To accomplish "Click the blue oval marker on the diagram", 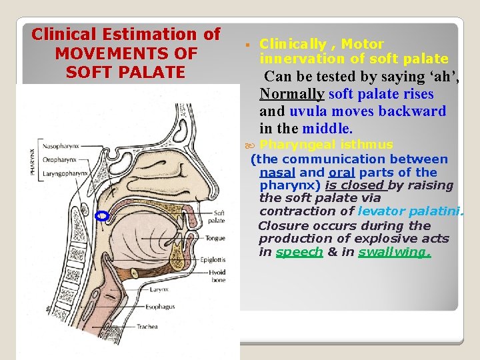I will point(102,215).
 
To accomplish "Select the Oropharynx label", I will point(57,159).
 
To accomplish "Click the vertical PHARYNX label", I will point(33,160).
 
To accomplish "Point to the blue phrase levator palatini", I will point(409,211).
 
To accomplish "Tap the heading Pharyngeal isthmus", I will point(326,145).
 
